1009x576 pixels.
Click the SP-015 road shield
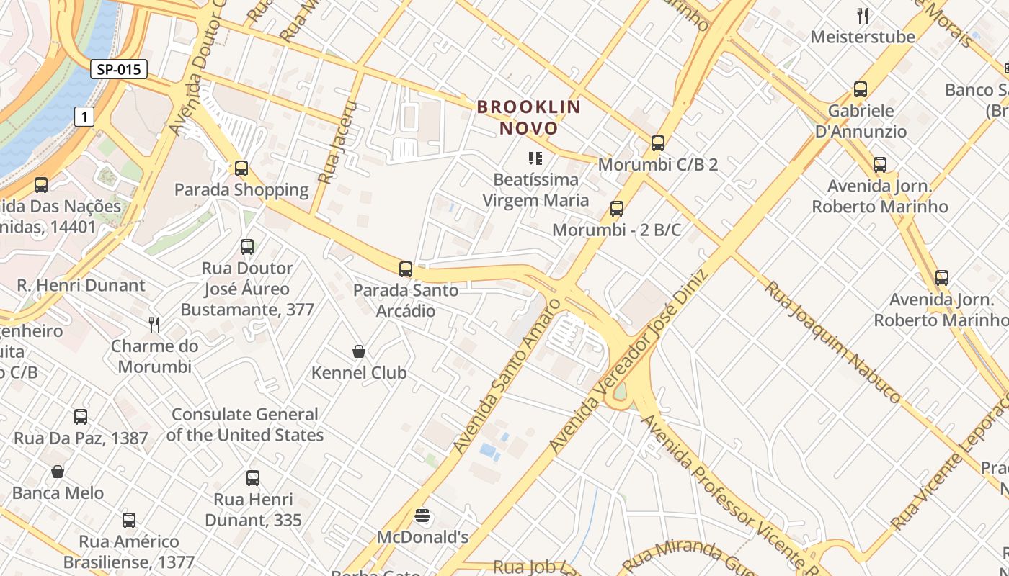point(119,69)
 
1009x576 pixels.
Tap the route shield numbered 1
point(85,117)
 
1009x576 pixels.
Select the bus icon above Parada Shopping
point(241,168)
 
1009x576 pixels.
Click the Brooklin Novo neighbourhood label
point(529,118)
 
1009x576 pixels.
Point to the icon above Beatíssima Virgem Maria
point(535,158)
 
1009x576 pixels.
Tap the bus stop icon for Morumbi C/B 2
point(658,143)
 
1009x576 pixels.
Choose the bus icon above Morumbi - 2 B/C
point(617,209)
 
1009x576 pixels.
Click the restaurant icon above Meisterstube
point(863,15)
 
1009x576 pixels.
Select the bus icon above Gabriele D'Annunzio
point(861,89)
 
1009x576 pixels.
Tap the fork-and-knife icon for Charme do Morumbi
point(154,324)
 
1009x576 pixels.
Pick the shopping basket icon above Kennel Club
point(359,351)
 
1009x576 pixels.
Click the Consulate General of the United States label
point(244,425)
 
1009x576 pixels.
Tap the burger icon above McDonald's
point(423,516)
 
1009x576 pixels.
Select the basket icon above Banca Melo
point(58,472)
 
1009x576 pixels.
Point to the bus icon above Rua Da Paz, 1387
point(81,417)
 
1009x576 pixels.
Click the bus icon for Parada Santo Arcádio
point(406,269)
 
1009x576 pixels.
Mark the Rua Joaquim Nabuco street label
point(832,341)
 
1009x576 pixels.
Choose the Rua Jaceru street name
point(337,142)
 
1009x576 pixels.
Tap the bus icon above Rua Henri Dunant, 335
point(253,477)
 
